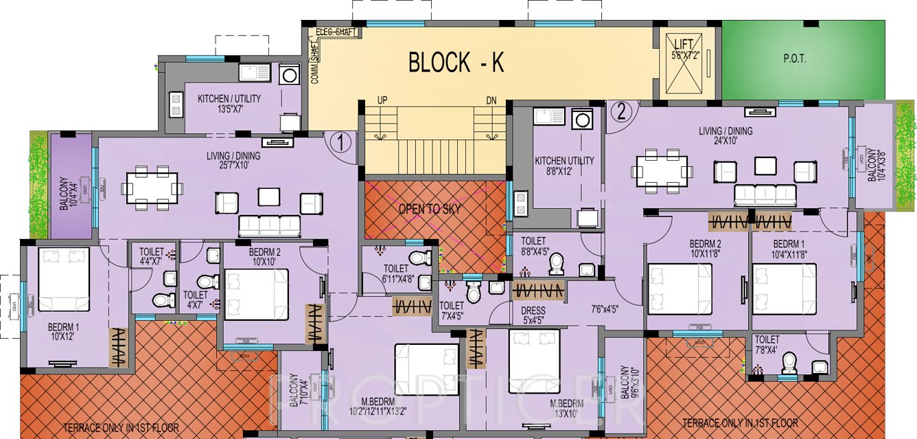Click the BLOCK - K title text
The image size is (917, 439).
pyautogui.click(x=456, y=63)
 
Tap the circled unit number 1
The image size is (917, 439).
pyautogui.click(x=340, y=142)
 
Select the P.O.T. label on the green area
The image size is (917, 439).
pyautogui.click(x=794, y=59)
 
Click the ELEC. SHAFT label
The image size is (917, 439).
pyautogui.click(x=333, y=32)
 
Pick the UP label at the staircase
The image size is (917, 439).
pyautogui.click(x=382, y=101)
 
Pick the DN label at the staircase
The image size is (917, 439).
pyautogui.click(x=491, y=101)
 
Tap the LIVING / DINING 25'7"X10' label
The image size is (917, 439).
pyautogui.click(x=233, y=161)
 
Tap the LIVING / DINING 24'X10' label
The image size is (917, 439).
pyautogui.click(x=726, y=136)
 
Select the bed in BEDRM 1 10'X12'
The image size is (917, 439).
pyautogui.click(x=64, y=280)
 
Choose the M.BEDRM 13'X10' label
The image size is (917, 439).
pyautogui.click(x=566, y=408)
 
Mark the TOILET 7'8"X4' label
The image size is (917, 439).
pyautogui.click(x=767, y=344)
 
